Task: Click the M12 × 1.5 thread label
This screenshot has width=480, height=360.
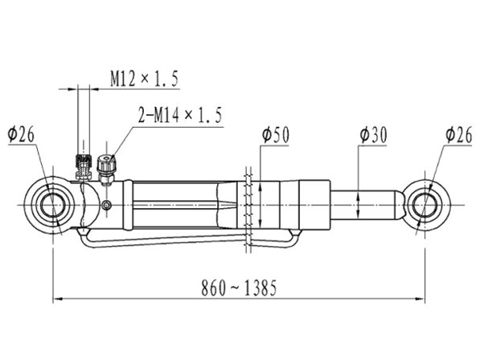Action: (x=144, y=79)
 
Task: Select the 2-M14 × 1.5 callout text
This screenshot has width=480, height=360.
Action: (x=180, y=115)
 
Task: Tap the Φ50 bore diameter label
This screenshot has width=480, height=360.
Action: (x=276, y=135)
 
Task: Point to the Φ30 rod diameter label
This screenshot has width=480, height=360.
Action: (x=374, y=135)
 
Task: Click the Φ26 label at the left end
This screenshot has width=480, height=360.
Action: (x=21, y=134)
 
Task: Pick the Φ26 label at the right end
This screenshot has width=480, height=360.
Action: (x=459, y=135)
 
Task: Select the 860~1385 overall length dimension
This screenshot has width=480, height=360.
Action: (x=239, y=288)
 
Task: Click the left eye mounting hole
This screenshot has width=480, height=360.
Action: (x=53, y=205)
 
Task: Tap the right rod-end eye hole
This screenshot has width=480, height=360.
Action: (x=425, y=205)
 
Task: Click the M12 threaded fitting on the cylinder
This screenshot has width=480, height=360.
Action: (x=84, y=166)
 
